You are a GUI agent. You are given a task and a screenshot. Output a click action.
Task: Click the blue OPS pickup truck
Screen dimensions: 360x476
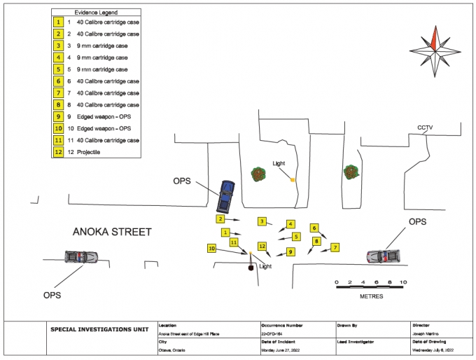tap(225, 197)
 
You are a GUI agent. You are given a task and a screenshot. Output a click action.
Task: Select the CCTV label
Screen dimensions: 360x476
tap(426, 127)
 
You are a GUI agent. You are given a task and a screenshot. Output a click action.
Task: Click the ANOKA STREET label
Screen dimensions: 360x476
tap(113, 232)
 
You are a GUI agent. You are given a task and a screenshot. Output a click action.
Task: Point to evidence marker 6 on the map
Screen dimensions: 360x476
tap(315, 228)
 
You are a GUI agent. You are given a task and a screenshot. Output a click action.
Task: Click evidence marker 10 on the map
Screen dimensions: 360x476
tap(211, 248)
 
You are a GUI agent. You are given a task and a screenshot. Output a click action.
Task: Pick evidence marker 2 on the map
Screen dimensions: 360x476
tap(220, 219)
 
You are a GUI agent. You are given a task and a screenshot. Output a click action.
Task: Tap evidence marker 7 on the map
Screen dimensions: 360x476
tap(335, 247)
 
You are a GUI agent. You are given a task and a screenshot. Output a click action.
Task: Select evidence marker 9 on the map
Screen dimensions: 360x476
tap(290, 251)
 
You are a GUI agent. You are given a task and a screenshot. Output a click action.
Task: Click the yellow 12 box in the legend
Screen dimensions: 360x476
tap(59, 152)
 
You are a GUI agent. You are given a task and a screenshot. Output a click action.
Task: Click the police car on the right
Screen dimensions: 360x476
tap(384, 256)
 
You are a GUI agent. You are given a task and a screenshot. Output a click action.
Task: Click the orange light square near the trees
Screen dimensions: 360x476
tap(293, 180)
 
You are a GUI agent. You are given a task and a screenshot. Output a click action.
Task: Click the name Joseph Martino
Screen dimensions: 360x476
tap(428, 334)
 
